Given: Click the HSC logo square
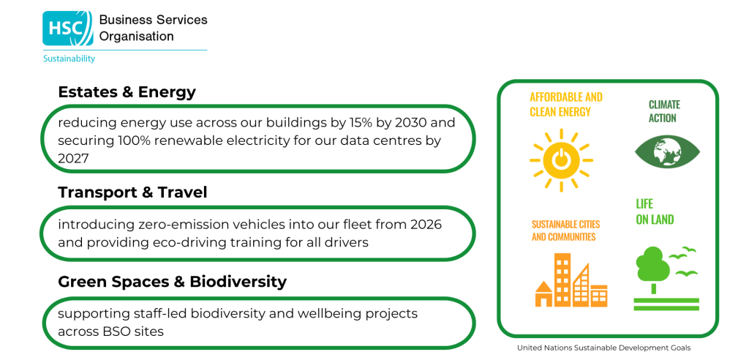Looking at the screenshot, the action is coord(68,29).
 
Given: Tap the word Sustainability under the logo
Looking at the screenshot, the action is coord(69,59).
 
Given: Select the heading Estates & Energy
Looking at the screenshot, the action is coord(127,91).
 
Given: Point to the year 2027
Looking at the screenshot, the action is coord(74,159).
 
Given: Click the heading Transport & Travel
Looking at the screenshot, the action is coord(133,192).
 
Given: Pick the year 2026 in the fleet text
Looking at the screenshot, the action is coord(426,224).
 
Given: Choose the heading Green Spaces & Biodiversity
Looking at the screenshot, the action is coord(173,282).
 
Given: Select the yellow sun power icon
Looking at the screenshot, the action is coord(561,160).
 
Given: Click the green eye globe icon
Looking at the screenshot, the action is coord(667,152).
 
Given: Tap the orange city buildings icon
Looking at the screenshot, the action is coord(571,280).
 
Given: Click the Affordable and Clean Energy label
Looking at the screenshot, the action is coord(566,105).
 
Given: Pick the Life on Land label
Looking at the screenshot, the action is coord(655,211).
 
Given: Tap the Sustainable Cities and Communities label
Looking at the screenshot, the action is coord(566,230).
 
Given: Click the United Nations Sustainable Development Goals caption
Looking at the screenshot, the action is coord(603,348).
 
